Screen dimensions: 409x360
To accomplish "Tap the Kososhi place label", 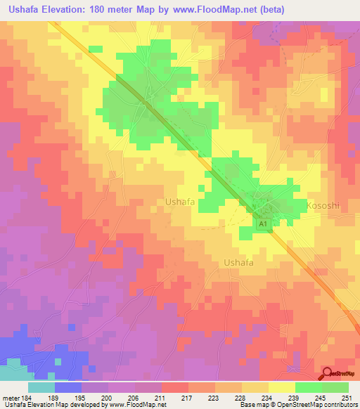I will (323, 205).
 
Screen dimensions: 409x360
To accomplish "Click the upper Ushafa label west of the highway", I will (179, 202).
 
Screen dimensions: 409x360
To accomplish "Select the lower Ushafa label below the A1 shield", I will (238, 262).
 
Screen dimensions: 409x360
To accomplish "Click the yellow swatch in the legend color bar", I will (281, 387).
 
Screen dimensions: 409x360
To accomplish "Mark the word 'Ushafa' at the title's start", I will (20, 9).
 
